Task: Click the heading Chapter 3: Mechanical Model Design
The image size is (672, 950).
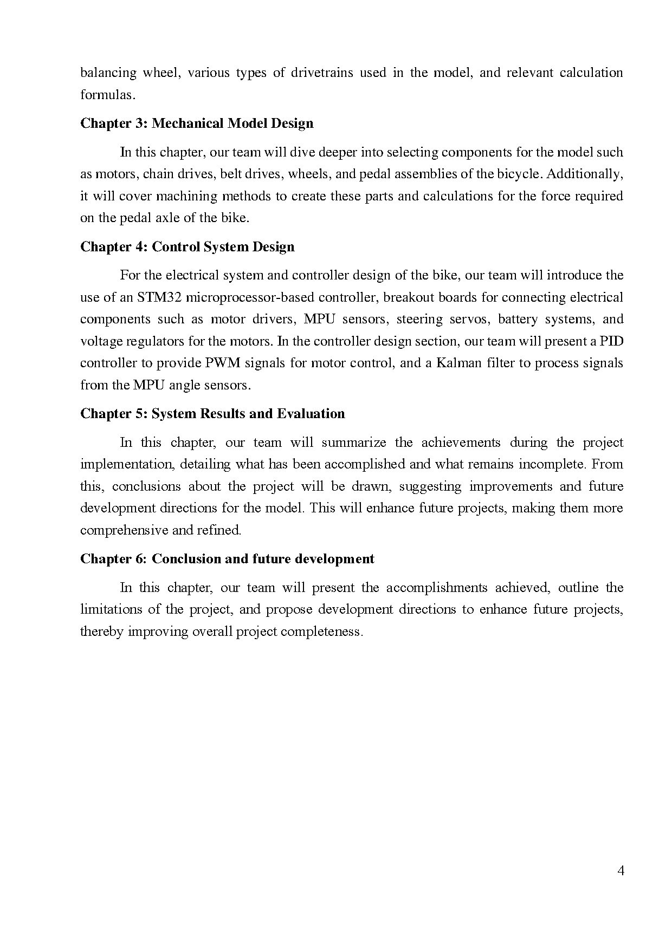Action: pyautogui.click(x=197, y=123)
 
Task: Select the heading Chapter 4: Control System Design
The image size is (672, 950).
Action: pyautogui.click(x=188, y=247)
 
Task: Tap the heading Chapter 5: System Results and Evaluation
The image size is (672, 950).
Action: pyautogui.click(x=212, y=414)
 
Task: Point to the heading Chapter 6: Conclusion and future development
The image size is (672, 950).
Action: pyautogui.click(x=227, y=559)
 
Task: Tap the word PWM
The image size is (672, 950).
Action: pyautogui.click(x=222, y=363)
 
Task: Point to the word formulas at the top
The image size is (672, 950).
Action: pyautogui.click(x=107, y=95)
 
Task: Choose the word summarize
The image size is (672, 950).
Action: pyautogui.click(x=353, y=443)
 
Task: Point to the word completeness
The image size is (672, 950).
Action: pyautogui.click(x=320, y=632)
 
